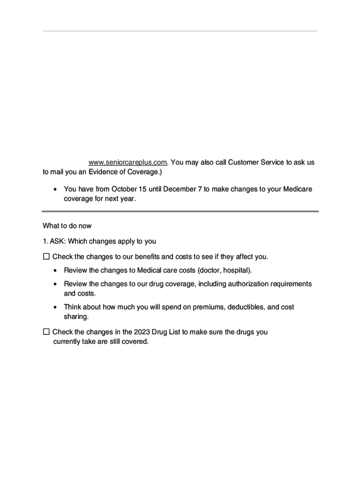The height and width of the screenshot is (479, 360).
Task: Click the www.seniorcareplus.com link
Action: pyautogui.click(x=128, y=162)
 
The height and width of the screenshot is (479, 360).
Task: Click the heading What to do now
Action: pyautogui.click(x=67, y=226)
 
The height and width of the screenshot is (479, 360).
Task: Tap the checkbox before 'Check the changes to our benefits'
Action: pyautogui.click(x=46, y=257)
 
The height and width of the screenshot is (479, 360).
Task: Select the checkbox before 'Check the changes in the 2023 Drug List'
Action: pyautogui.click(x=46, y=332)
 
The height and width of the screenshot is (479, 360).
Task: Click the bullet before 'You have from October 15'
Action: pyautogui.click(x=56, y=190)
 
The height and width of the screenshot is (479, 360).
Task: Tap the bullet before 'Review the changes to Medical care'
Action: pyautogui.click(x=56, y=271)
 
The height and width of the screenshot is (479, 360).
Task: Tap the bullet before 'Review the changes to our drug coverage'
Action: pyautogui.click(x=56, y=284)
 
